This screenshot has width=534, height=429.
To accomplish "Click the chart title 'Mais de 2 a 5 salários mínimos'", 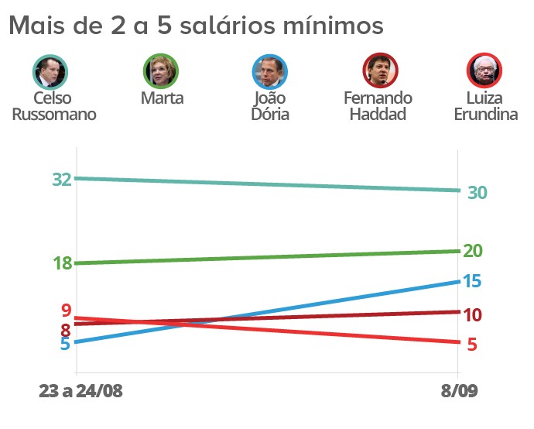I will point(196,26).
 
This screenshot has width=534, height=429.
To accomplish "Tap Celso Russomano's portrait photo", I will point(51,71).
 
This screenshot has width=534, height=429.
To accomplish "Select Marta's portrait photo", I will point(162,71).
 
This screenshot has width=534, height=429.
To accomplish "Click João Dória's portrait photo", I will point(270,71).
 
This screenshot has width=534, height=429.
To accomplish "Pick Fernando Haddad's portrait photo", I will point(380,71).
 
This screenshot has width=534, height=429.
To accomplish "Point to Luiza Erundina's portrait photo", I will point(485,71).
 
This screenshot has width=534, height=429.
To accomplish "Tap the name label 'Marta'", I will point(163,98).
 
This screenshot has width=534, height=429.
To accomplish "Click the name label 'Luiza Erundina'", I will point(485,106).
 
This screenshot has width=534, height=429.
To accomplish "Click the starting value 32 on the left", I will point(62,180).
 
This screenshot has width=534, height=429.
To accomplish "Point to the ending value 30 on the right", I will point(477,193).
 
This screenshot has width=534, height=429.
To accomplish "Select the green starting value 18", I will point(62,263).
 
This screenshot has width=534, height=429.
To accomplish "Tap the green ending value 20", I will point(473,250).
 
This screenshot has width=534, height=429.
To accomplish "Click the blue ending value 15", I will point(472,281).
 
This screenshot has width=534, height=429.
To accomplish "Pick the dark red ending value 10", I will point(473,314).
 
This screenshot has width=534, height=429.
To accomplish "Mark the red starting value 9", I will point(67,311).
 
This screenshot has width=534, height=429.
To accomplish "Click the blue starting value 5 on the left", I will point(66,343).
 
